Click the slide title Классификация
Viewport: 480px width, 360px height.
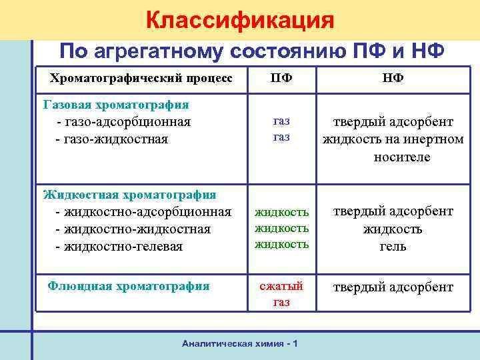[240, 20]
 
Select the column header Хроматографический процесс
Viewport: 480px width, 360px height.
[141, 78]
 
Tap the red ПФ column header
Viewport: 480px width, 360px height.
[281, 78]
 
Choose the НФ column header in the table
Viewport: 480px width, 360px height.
[393, 78]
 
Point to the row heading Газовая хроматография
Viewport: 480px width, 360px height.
[116, 105]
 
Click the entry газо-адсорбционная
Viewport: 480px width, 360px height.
[124, 122]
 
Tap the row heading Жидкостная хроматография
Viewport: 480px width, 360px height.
[129, 195]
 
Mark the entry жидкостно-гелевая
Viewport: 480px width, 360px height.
[123, 247]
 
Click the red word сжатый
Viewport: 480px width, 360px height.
[281, 286]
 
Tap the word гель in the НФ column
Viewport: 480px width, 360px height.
[393, 247]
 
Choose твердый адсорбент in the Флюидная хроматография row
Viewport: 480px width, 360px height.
[393, 287]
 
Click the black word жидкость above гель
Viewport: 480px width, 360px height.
[393, 229]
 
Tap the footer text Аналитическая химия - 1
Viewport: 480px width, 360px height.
[239, 343]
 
